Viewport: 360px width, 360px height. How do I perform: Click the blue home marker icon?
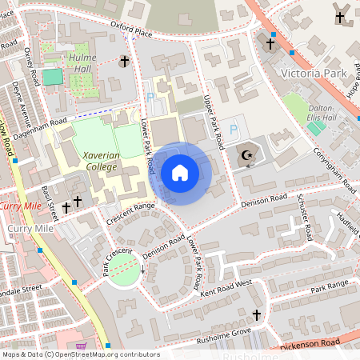click(x=180, y=173)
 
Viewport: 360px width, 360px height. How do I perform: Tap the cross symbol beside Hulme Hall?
click(x=124, y=61)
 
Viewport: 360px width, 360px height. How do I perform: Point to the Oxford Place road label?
click(x=131, y=30)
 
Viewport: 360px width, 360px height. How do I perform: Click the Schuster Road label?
click(x=303, y=218)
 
